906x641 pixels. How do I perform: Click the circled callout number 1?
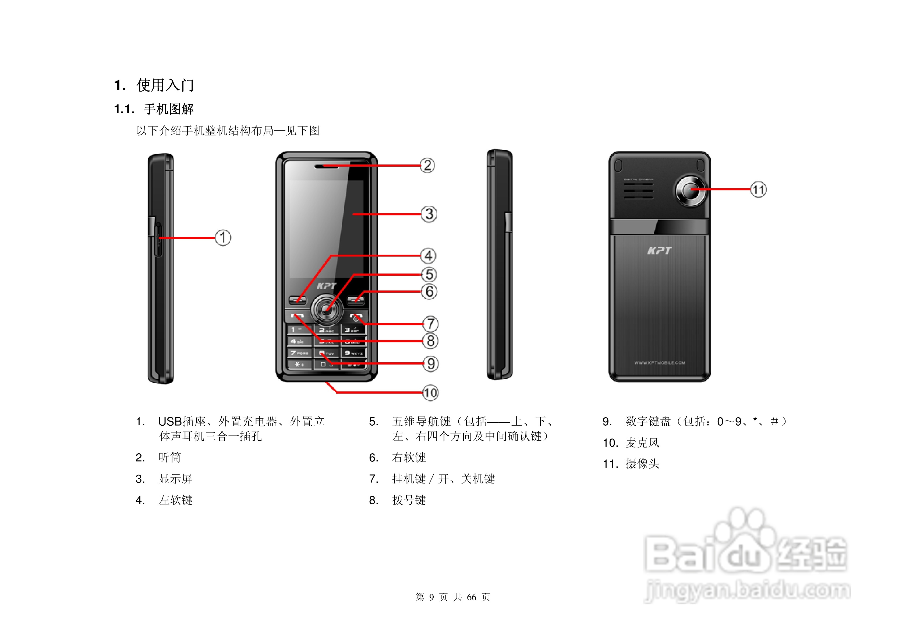[223, 238]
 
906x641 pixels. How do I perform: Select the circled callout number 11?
[758, 190]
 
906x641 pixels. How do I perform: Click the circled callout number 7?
[430, 324]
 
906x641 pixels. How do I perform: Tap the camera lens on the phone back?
[691, 190]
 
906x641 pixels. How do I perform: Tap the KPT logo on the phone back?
[659, 250]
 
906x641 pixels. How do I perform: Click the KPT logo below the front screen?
[326, 286]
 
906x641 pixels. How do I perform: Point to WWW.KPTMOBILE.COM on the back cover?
[659, 363]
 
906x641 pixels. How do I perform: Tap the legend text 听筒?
[170, 457]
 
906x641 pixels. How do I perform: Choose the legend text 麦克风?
[642, 443]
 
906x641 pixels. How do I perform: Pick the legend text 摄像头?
[642, 464]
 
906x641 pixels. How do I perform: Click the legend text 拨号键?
[409, 500]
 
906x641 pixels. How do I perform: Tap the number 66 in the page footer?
[472, 597]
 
